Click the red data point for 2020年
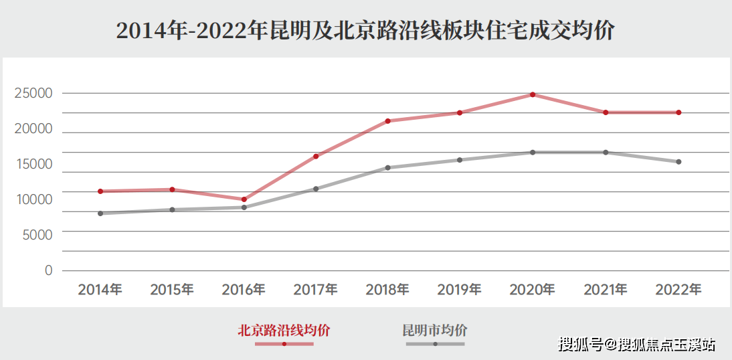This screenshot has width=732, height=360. click(533, 94)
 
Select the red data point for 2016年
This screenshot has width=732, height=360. click(244, 199)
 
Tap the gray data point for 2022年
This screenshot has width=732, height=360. click(678, 162)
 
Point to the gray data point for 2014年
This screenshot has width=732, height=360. click(100, 213)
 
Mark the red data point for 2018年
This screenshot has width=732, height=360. click(388, 121)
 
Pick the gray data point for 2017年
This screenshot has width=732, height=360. click(316, 189)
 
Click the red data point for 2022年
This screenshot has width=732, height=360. click(678, 112)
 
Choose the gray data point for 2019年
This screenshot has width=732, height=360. click(460, 160)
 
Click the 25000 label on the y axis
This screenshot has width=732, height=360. click(33, 94)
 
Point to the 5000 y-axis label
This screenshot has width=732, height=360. click(38, 235)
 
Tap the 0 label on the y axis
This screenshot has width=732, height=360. click(48, 270)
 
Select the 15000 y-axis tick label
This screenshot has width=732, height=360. click(33, 165)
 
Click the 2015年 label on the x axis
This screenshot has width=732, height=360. click(172, 290)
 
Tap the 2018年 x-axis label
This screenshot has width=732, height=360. click(387, 290)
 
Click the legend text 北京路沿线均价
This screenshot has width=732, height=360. click(284, 330)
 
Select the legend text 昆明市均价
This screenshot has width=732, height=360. click(435, 330)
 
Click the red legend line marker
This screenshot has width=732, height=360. click(284, 344)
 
